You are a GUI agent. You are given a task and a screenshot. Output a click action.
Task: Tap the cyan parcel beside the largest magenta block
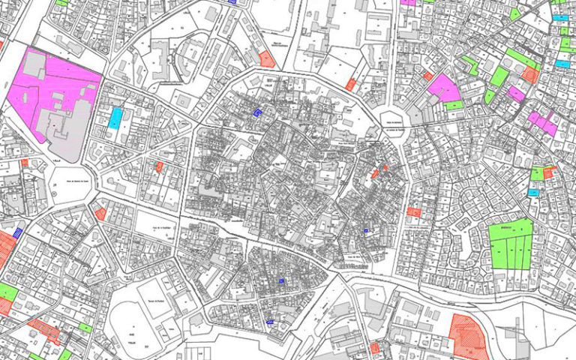(115, 118)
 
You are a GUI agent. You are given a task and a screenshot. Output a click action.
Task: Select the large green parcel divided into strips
(511, 243)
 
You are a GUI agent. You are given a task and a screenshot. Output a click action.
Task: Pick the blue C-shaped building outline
(258, 112)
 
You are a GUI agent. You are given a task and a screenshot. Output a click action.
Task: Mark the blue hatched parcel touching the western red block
(19, 232)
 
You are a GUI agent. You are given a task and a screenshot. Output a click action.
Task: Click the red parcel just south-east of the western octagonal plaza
(100, 214)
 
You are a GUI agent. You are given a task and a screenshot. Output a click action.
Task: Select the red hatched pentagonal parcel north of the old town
(266, 58)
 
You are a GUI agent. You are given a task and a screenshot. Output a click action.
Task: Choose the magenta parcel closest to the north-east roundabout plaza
(444, 88)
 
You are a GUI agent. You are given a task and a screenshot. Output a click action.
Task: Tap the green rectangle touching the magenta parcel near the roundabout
(454, 106)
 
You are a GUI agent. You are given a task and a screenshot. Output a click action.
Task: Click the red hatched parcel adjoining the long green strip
(531, 74)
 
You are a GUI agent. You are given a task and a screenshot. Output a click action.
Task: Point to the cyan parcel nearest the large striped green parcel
(533, 193)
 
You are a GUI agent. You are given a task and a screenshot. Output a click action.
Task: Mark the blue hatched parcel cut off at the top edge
(232, 2)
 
